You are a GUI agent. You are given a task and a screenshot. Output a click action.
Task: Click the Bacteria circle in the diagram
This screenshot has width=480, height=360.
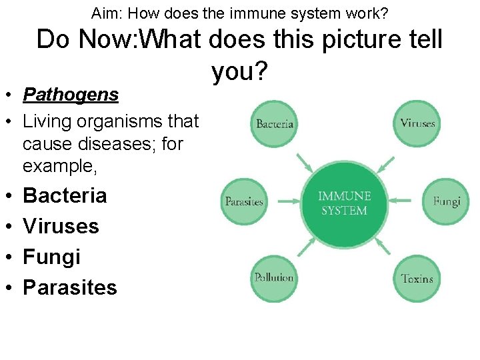[275, 123]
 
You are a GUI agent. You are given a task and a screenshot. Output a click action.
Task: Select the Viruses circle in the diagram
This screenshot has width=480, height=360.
[417, 123]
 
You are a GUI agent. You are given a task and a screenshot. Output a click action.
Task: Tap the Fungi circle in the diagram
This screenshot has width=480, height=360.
[445, 201]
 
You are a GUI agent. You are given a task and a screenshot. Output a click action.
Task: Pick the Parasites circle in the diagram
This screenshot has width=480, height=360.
[244, 201]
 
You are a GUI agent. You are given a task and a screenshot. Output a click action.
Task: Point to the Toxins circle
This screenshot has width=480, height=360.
[417, 278]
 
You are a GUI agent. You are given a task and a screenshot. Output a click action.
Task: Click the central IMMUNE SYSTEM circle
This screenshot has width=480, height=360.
[344, 201]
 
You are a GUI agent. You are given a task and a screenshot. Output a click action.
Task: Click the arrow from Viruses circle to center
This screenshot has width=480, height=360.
[386, 161]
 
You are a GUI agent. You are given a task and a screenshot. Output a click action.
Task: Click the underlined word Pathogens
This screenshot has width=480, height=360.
[71, 95]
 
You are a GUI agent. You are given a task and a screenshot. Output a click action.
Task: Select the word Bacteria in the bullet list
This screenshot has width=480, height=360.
[65, 195]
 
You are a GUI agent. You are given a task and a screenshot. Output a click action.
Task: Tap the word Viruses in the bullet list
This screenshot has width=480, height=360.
[61, 226]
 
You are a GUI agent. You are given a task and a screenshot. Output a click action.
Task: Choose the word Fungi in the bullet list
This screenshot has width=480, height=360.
[51, 257]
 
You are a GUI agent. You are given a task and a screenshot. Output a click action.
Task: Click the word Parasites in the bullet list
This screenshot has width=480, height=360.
[69, 287]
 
